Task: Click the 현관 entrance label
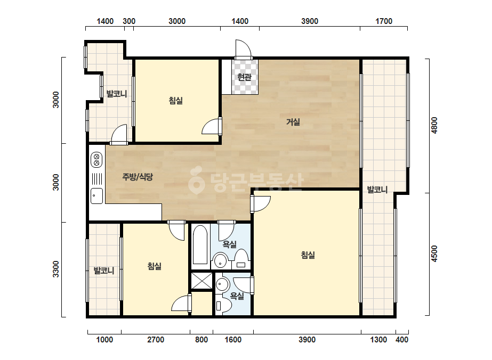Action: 245,77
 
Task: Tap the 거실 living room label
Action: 293,122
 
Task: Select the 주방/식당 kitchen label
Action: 138,177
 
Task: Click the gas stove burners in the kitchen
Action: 96,160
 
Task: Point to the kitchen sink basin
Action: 96,196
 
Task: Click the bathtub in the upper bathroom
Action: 200,244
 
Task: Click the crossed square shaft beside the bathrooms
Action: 201,281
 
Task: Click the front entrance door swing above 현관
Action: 244,48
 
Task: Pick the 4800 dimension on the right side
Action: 434,125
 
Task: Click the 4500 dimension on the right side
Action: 434,253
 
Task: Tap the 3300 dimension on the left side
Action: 55,269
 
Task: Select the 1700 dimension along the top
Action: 384,21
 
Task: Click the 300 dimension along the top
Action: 129,21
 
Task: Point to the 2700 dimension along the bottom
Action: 156,340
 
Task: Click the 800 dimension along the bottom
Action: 201,340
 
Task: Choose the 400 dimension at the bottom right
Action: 402,340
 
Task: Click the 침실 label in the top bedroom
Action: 176,101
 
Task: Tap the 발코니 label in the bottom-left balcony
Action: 104,271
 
